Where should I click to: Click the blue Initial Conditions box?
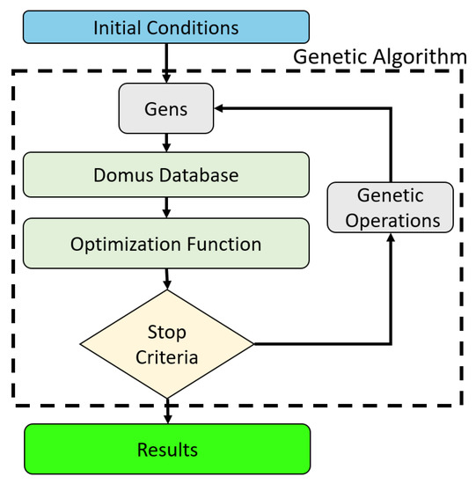coord(166,28)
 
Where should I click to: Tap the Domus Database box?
coord(166,175)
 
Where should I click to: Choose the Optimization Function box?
coord(166,244)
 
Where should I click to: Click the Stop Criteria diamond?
coord(166,344)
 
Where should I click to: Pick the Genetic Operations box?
coord(390,209)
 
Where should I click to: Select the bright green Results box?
coord(166,451)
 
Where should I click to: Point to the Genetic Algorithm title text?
coord(379,56)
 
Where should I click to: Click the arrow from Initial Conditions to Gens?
coord(166,69)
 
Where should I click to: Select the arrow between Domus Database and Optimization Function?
coord(166,209)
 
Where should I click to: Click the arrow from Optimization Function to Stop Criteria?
coord(166,279)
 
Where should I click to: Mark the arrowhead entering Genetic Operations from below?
coord(390,242)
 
